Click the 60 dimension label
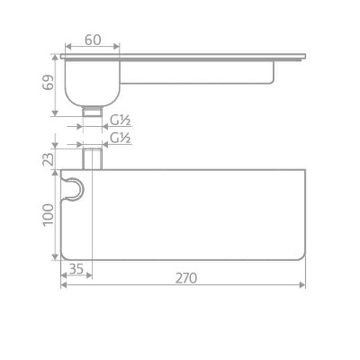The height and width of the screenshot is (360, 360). point(93,40)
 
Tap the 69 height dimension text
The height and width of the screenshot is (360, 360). point(48,82)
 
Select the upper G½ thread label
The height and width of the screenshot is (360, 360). point(120,121)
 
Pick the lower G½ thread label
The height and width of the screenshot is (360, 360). point(120,138)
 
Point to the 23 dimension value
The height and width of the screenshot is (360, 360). point(48,159)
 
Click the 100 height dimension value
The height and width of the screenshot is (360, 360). point(48,215)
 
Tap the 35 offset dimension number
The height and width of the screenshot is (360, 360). point(76,269)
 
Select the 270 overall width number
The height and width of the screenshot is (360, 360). point(186,278)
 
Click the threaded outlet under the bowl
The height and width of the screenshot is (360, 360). point(93,112)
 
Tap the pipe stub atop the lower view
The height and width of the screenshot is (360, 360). point(93,159)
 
